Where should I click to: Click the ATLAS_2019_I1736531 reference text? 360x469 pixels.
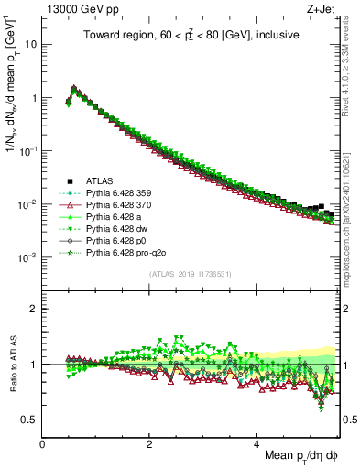click(x=190, y=275)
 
